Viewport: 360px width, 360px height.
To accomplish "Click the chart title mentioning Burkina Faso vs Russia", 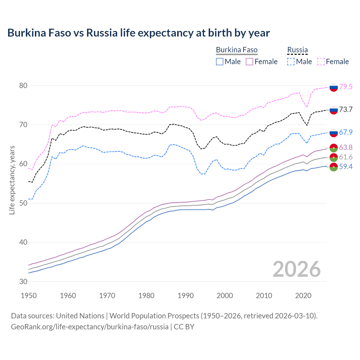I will [138, 33].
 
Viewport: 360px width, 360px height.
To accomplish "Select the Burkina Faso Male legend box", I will [220, 62].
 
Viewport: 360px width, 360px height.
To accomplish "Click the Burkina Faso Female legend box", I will [249, 62].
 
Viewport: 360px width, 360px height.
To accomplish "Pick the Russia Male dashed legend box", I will [291, 62].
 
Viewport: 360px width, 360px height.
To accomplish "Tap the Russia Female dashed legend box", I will [321, 62].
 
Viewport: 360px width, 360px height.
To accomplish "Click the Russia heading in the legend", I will [297, 50].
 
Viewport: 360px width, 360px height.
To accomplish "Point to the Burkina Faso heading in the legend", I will [237, 50].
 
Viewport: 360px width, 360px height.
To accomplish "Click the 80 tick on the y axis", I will [23, 85].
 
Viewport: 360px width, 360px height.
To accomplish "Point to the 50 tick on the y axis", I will [23, 203].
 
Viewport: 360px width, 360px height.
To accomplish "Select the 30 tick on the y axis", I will [23, 282].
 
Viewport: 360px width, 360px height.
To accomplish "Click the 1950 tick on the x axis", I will [29, 296].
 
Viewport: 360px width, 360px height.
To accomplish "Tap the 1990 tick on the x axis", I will [186, 296].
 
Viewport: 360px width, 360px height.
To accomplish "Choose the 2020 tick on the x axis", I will [303, 296].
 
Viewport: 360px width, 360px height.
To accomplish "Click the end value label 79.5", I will [346, 87].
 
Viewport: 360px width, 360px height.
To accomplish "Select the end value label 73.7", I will [346, 110].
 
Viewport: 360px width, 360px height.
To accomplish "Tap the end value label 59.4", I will [346, 167].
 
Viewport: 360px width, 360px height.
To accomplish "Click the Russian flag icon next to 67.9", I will [334, 132].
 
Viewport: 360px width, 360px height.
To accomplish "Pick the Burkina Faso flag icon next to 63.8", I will [334, 148].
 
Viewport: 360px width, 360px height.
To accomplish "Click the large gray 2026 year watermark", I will [296, 269].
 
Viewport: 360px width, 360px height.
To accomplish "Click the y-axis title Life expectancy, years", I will [12, 180].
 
